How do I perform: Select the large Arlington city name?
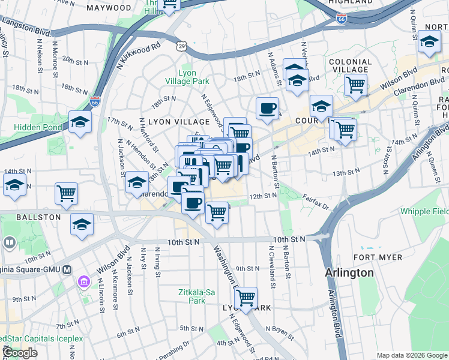click(x=349, y=272)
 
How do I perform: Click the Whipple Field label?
click(x=423, y=211)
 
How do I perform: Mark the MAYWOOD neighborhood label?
click(x=109, y=8)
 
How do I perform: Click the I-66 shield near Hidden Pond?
click(x=95, y=101)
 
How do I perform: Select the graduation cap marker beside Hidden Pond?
click(x=80, y=122)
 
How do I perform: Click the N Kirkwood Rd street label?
click(x=139, y=55)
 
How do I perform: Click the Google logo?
click(x=20, y=353)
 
